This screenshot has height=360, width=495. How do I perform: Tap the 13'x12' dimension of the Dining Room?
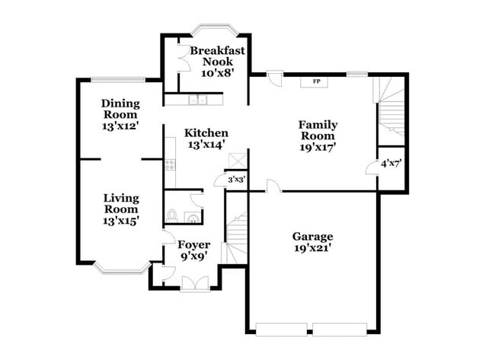[x=120, y=126]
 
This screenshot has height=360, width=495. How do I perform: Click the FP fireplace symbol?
[x=315, y=81]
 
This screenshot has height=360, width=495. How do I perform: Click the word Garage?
[x=312, y=236]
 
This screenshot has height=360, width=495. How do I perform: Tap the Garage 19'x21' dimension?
[x=312, y=247]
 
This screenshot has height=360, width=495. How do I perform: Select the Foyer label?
[x=193, y=245]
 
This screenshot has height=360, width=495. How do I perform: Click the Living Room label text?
[x=121, y=203]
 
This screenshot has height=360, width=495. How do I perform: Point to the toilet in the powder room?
[x=172, y=215]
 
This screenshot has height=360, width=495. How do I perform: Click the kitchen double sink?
[x=197, y=99]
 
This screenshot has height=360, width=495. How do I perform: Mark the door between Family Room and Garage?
[x=273, y=186]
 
